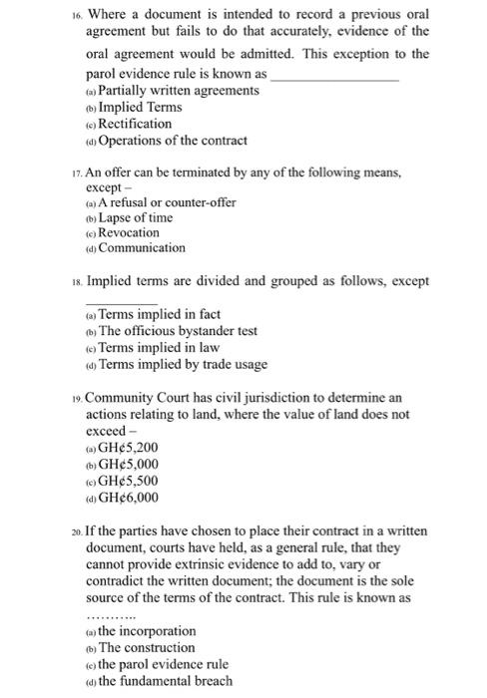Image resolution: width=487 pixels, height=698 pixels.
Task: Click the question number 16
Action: pyautogui.click(x=74, y=17)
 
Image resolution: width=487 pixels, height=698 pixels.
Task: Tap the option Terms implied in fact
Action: pyautogui.click(x=153, y=314)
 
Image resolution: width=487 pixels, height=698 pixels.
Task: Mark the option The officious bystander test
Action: pyautogui.click(x=178, y=331)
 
